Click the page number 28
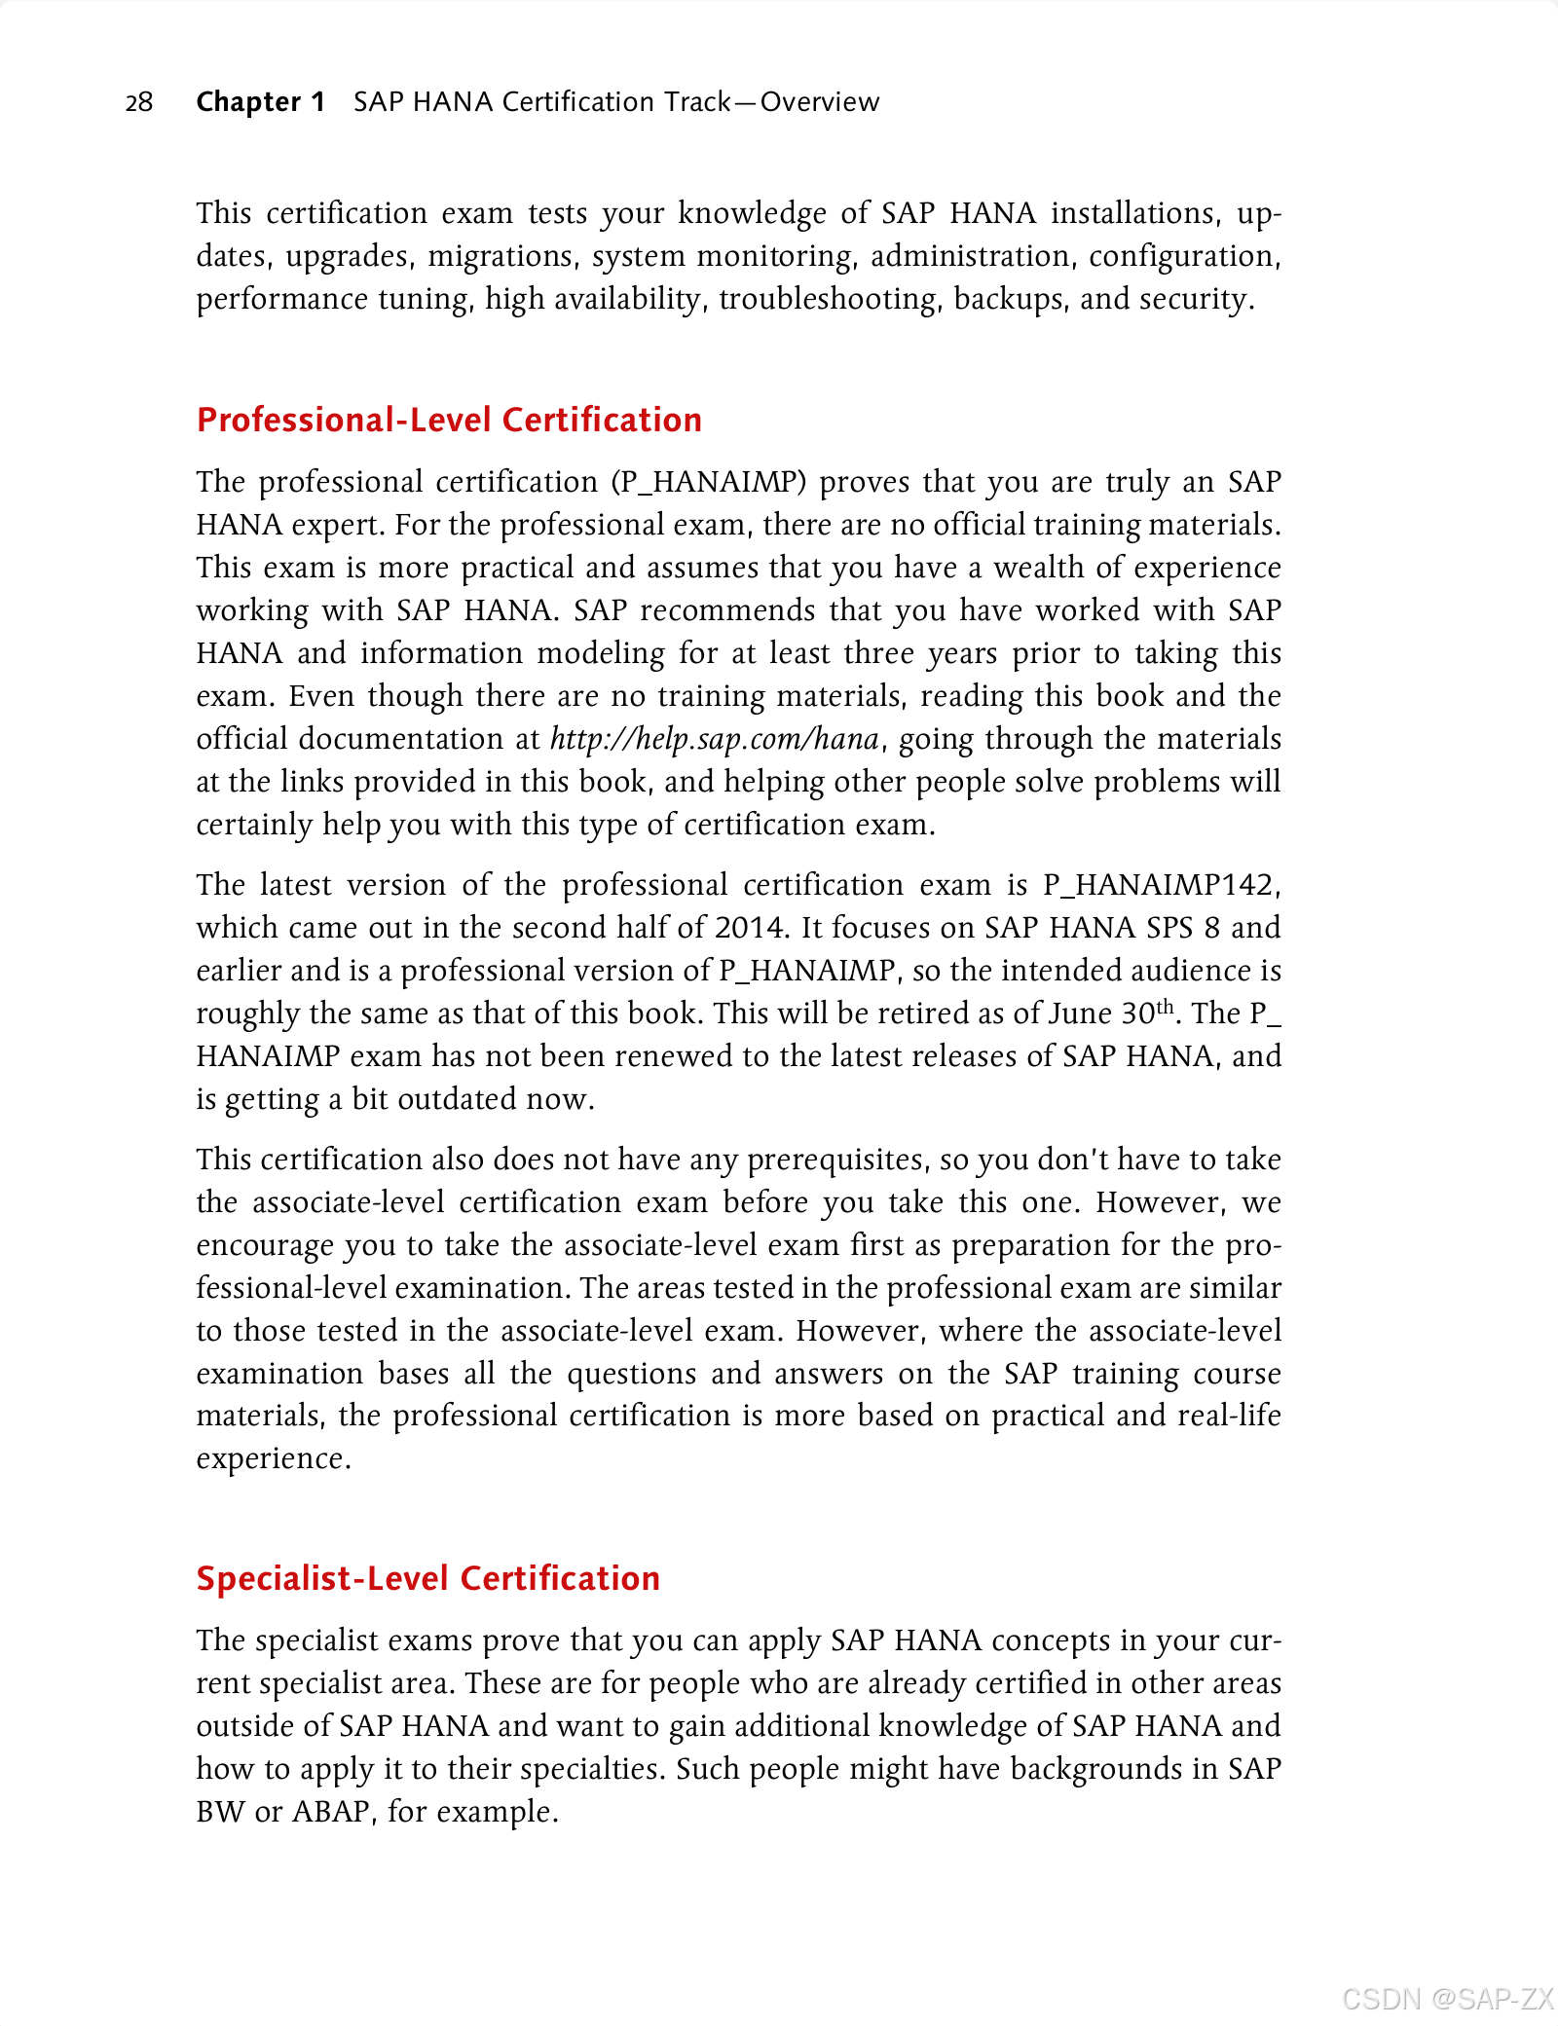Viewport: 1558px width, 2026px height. tap(139, 102)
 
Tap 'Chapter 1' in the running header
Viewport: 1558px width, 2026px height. tap(260, 102)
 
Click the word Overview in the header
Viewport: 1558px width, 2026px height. tap(819, 102)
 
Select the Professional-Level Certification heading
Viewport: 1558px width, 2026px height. tap(449, 420)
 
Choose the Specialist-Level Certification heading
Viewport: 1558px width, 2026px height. tap(427, 1578)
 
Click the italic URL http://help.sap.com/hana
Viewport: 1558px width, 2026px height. tap(715, 739)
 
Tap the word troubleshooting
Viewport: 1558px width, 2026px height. tap(831, 299)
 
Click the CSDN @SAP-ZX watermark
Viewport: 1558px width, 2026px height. tap(1447, 1999)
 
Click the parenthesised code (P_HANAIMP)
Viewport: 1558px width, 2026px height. tap(709, 482)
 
